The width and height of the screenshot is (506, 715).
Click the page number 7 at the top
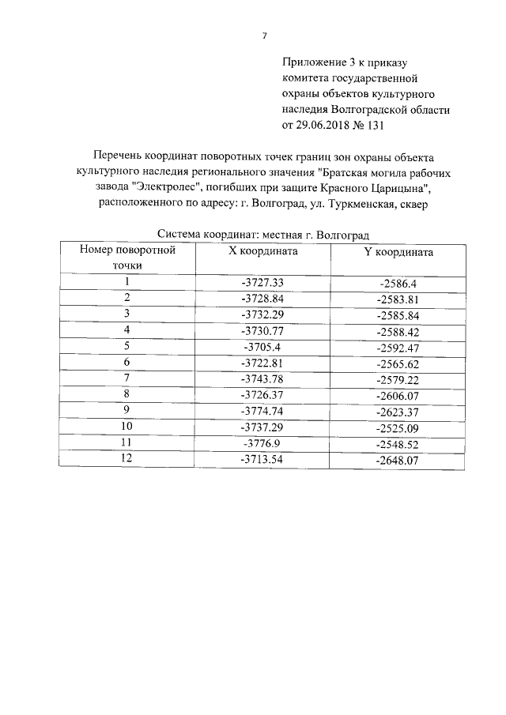pos(264,35)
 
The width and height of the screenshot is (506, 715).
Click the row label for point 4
pos(126,329)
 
